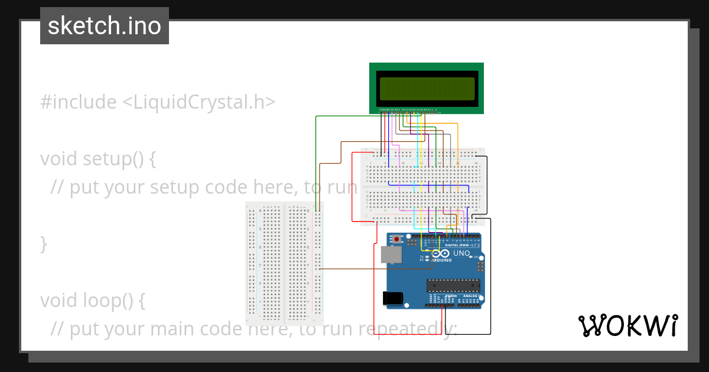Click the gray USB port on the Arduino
(x=391, y=254)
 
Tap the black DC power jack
(x=393, y=299)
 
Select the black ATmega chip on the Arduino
(x=453, y=285)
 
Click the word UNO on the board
(x=461, y=253)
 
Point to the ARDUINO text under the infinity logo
(x=441, y=260)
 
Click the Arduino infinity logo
(x=441, y=253)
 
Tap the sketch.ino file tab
(x=105, y=26)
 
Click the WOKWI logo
(x=627, y=326)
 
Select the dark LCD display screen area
(x=427, y=89)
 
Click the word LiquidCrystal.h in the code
(x=199, y=102)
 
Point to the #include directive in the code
(x=79, y=102)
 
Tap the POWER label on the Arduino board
(x=451, y=296)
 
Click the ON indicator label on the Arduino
(x=476, y=257)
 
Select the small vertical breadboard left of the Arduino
(x=285, y=263)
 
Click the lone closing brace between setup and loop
(x=44, y=243)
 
